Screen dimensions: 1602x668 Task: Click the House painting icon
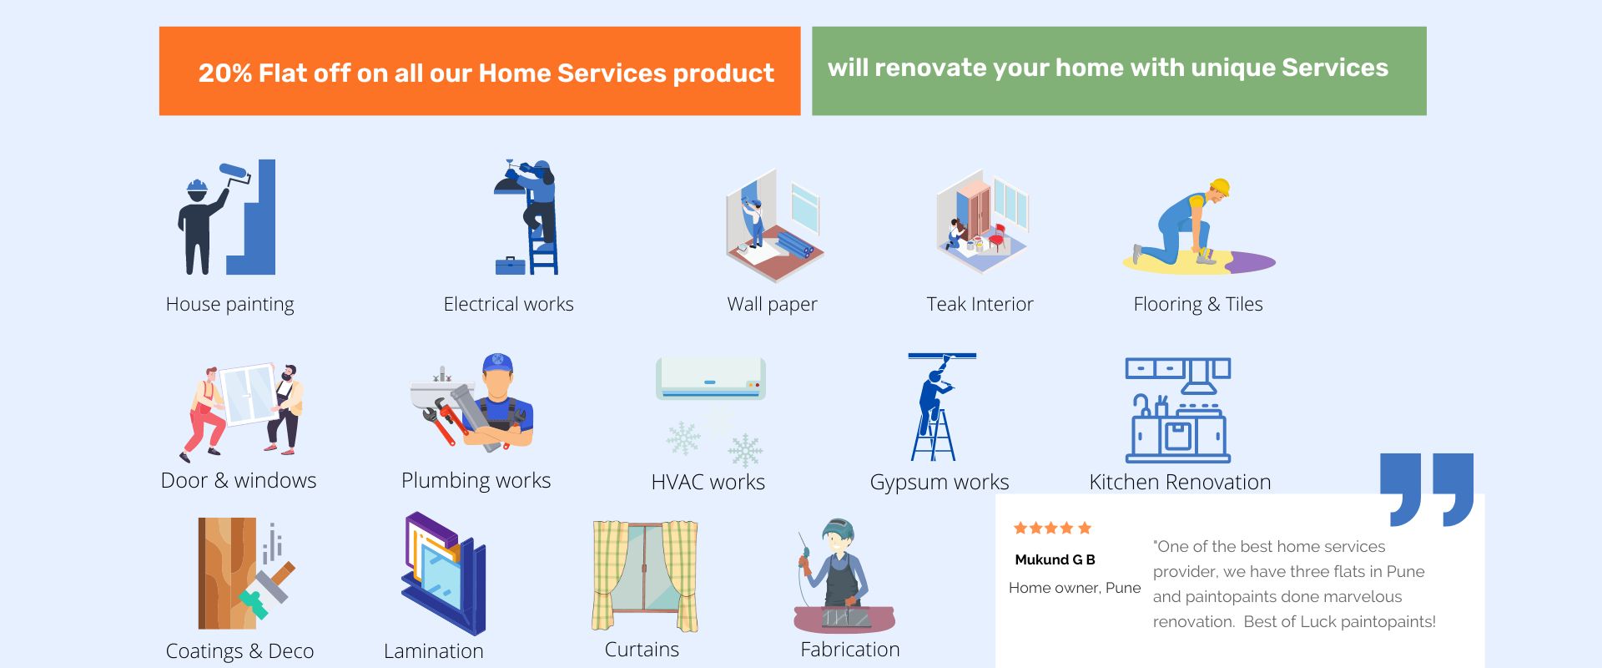click(225, 217)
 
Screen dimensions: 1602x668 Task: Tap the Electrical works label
click(508, 304)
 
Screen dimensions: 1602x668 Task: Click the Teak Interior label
click(980, 304)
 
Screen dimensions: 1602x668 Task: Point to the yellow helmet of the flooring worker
click(1220, 186)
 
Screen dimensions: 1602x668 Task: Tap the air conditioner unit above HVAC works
click(711, 378)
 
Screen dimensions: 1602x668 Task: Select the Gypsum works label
click(940, 483)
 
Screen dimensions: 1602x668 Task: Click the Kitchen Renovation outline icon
click(1178, 410)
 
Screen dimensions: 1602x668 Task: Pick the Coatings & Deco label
click(239, 651)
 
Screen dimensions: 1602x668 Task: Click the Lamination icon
click(444, 574)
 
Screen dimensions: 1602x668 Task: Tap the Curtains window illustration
click(645, 576)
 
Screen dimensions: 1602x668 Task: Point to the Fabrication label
click(850, 650)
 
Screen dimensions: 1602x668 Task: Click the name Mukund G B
click(1055, 559)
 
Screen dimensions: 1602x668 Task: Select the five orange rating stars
click(1052, 528)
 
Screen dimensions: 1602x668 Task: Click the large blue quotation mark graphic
click(1427, 489)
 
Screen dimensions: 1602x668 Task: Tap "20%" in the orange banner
click(225, 73)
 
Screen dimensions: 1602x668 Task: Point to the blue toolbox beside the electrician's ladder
click(510, 266)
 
